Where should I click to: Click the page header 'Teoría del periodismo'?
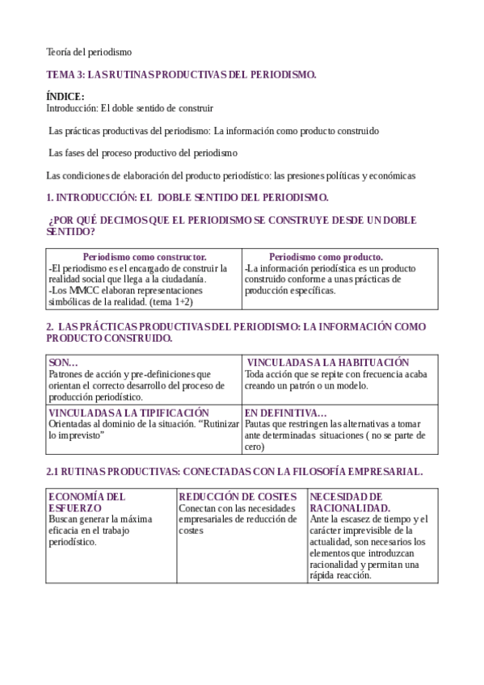pyautogui.click(x=88, y=53)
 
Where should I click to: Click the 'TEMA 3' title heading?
pyautogui.click(x=181, y=74)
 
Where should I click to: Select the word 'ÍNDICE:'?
pyautogui.click(x=65, y=96)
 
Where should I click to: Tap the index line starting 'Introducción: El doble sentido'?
pyautogui.click(x=129, y=107)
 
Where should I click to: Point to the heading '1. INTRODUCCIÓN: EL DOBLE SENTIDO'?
pyautogui.click(x=187, y=196)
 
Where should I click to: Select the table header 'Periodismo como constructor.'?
pyautogui.click(x=145, y=257)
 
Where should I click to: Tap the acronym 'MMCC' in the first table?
pyautogui.click(x=80, y=290)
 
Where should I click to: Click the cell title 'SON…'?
pyautogui.click(x=64, y=363)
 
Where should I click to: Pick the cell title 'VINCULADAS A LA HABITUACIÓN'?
pyautogui.click(x=327, y=363)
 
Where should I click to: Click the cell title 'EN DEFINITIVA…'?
pyautogui.click(x=285, y=412)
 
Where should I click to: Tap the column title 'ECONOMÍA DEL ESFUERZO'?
pyautogui.click(x=86, y=502)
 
